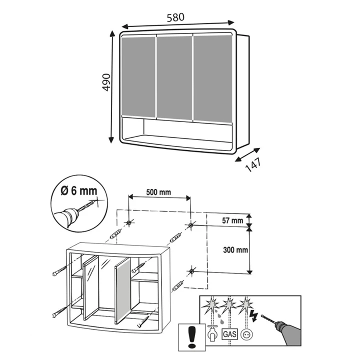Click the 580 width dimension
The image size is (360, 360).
[x=175, y=17]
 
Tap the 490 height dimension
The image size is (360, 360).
[x=106, y=82]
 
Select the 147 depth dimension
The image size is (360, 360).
[x=253, y=164]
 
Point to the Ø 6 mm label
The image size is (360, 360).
[x=79, y=191]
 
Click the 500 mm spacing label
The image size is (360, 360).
[x=158, y=192]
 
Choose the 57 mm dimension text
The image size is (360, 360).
[x=232, y=220]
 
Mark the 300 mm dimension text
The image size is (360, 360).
[x=235, y=250]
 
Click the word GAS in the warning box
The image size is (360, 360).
[x=229, y=334]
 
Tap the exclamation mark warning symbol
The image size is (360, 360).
[x=191, y=336]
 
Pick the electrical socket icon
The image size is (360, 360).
[x=246, y=334]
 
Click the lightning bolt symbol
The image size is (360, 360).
[x=255, y=316]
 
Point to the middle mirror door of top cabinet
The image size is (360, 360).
[x=174, y=77]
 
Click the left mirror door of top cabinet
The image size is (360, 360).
[x=138, y=77]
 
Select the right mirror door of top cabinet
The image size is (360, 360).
[x=213, y=79]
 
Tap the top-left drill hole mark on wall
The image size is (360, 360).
[x=129, y=222]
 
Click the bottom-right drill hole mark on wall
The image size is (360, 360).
[x=191, y=271]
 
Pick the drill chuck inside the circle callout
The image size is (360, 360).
[x=71, y=214]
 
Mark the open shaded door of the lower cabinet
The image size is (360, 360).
[x=122, y=290]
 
